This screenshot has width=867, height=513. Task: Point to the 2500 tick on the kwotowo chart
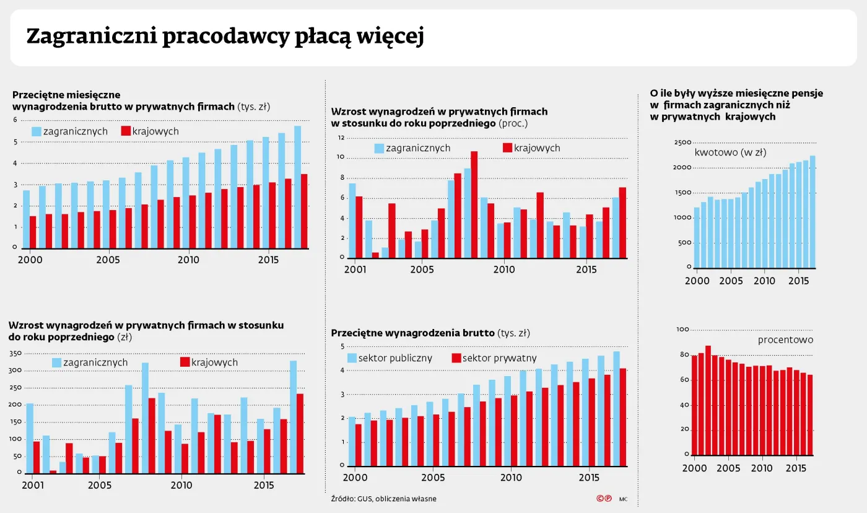(x=682, y=142)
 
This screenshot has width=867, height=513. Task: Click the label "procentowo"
(x=785, y=340)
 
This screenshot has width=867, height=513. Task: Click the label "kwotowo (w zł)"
(x=729, y=152)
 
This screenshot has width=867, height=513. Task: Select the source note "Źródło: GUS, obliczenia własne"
(x=383, y=499)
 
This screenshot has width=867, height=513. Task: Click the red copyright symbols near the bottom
(x=604, y=498)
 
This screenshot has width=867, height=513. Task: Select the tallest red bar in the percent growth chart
(x=474, y=204)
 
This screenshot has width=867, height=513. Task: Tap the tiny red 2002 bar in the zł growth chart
(x=53, y=471)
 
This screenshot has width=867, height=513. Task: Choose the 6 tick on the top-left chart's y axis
(x=15, y=120)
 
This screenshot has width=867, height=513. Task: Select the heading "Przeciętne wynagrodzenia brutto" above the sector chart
(x=412, y=333)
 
